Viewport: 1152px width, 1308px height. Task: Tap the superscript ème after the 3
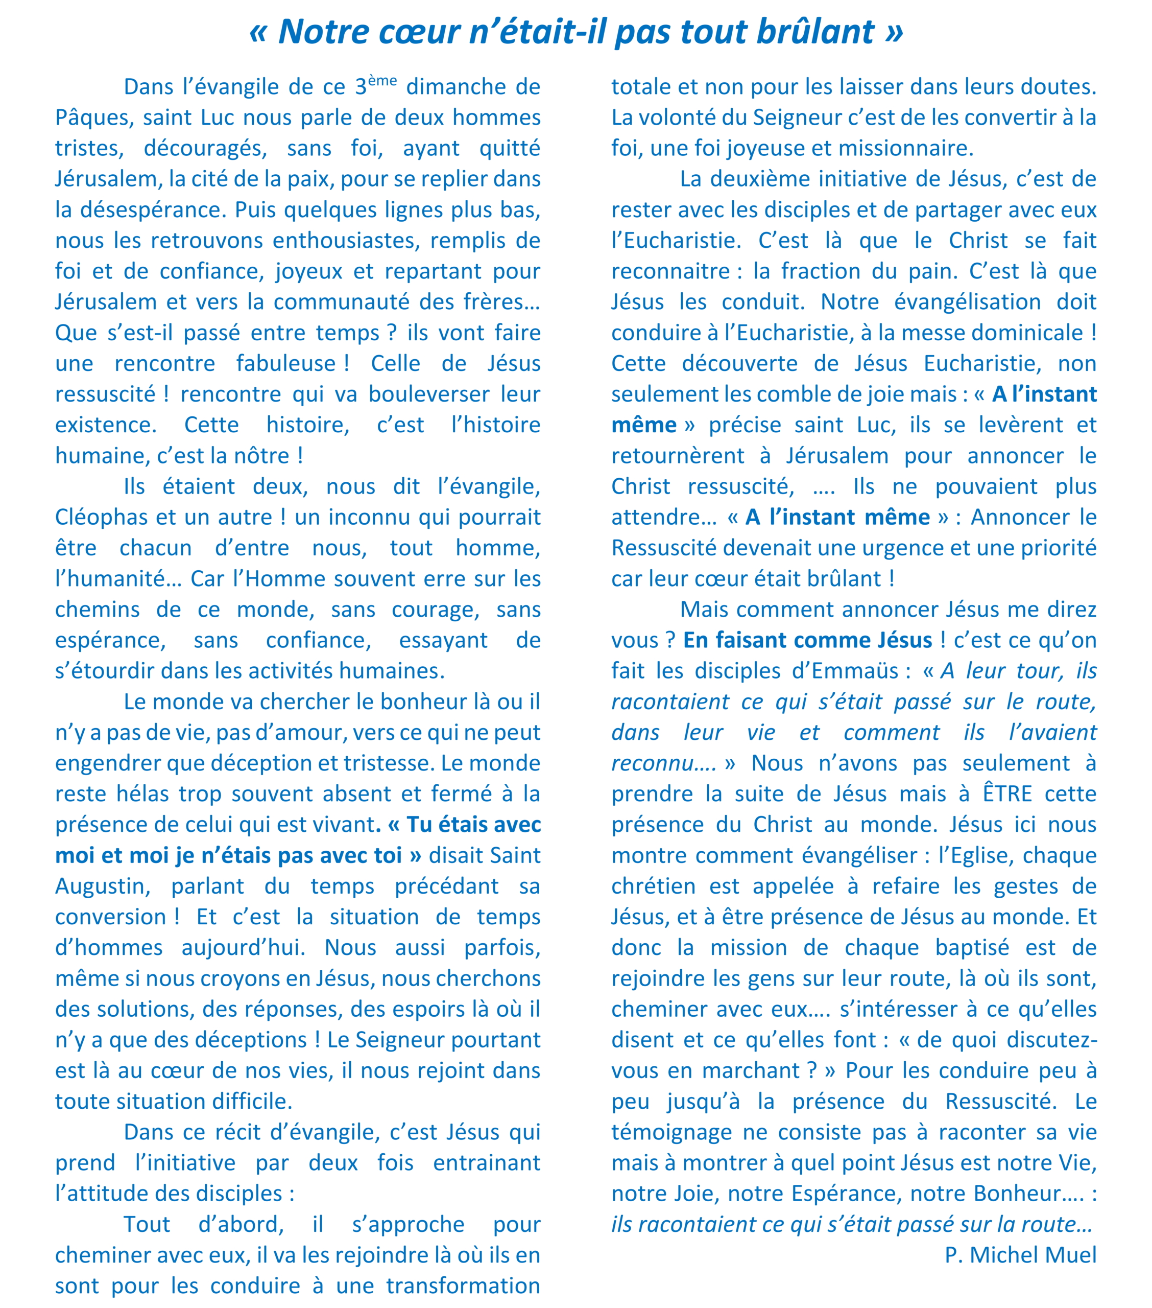(382, 81)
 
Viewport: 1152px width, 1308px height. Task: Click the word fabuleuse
(286, 363)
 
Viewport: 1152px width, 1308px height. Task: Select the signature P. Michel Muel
(1020, 1255)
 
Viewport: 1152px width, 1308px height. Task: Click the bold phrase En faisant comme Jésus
(807, 640)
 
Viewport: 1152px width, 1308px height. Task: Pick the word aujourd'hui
(243, 948)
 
